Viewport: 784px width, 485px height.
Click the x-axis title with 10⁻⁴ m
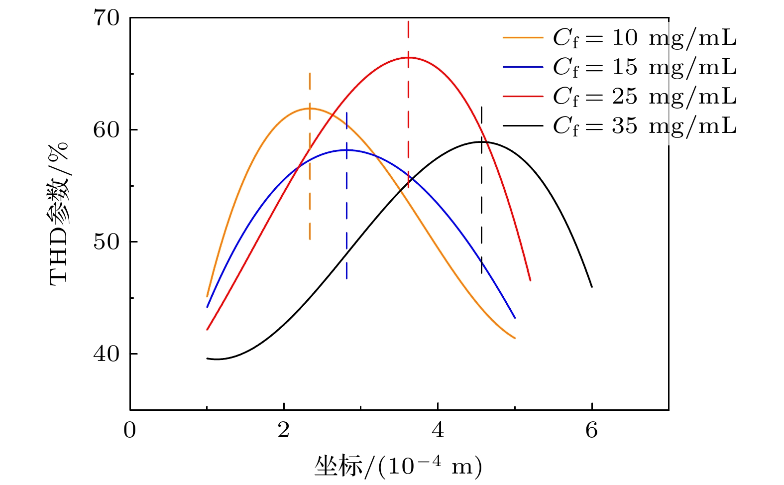pyautogui.click(x=398, y=467)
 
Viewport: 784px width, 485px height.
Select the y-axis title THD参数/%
pyautogui.click(x=59, y=214)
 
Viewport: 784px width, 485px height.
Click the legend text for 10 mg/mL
pyautogui.click(x=645, y=38)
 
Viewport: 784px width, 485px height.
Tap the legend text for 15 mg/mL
pyautogui.click(x=645, y=67)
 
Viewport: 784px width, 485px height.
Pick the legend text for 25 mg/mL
pyautogui.click(x=645, y=97)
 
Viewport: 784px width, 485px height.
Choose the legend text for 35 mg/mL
pyautogui.click(x=645, y=126)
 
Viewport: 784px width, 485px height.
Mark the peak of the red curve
pyautogui.click(x=408, y=57)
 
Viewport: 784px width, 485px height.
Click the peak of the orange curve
pyautogui.click(x=310, y=108)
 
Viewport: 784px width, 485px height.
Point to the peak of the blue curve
pyautogui.click(x=346, y=149)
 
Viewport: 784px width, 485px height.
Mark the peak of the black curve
pyautogui.click(x=481, y=142)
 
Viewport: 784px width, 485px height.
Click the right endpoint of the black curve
pyautogui.click(x=592, y=287)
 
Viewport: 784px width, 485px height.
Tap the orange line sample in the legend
pyautogui.click(x=523, y=37)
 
